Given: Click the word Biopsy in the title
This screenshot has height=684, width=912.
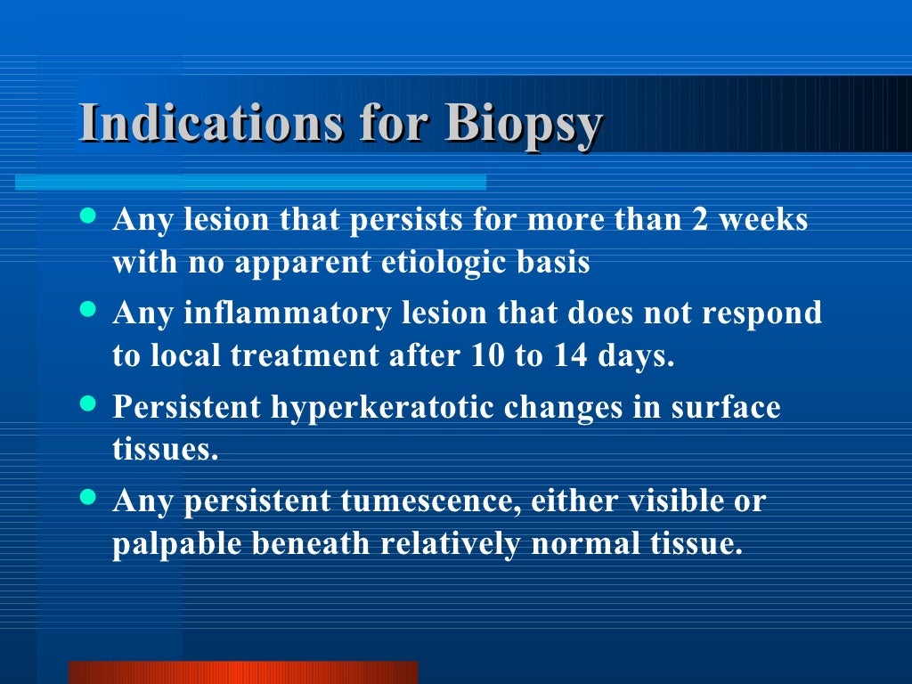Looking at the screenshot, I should [524, 125].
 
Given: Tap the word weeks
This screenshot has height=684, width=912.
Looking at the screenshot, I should [763, 220].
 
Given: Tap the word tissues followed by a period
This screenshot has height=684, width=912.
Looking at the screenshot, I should [165, 449].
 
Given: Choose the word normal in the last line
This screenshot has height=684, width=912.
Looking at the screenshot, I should [581, 543].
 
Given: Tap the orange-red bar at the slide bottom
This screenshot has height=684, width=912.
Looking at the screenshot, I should [243, 672].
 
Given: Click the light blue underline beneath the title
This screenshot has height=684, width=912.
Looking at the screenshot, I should [250, 182].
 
